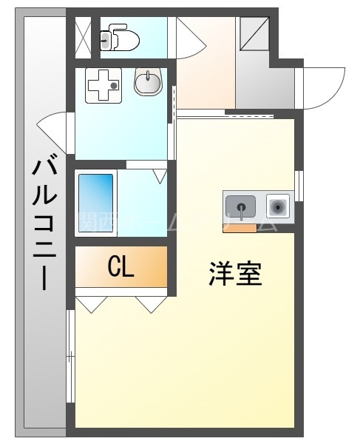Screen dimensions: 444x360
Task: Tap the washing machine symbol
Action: point(104,86)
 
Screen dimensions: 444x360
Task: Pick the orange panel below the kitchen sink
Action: point(240,227)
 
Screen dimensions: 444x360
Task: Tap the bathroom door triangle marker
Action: point(160,175)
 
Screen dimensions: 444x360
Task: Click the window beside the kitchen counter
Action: point(299,185)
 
